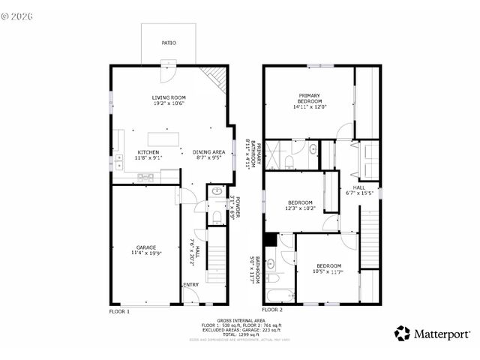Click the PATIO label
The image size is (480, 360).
pyautogui.click(x=169, y=43)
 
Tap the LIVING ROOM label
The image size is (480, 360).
pyautogui.click(x=169, y=97)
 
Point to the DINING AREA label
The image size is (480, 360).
pyautogui.click(x=207, y=152)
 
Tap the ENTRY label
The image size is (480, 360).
pyautogui.click(x=190, y=285)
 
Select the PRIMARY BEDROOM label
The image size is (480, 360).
pyautogui.click(x=309, y=98)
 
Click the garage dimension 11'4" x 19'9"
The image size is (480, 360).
pyautogui.click(x=145, y=254)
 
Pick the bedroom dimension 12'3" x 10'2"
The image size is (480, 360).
pyautogui.click(x=300, y=208)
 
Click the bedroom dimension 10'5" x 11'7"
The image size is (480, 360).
pyautogui.click(x=328, y=271)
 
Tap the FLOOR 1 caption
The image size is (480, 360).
pyautogui.click(x=119, y=310)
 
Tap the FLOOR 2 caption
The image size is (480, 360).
pyautogui.click(x=272, y=310)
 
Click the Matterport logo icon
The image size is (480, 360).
pyautogui.click(x=403, y=333)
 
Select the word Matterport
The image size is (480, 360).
pyautogui.click(x=442, y=333)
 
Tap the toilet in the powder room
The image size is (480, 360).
pyautogui.click(x=216, y=217)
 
